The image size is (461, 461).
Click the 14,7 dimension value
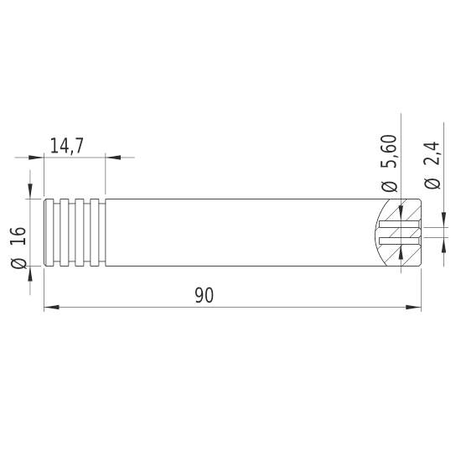pos(66,146)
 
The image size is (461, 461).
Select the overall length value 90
pos(204,296)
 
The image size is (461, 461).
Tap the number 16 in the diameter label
pos(23,235)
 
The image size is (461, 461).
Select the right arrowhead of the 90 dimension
pos(413,308)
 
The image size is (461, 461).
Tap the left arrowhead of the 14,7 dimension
pos(36,157)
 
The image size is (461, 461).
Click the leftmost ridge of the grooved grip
pos(49,233)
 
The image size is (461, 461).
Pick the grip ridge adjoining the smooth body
pos(101,233)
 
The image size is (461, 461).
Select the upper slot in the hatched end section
pos(398,225)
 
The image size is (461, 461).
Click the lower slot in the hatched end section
pos(398,241)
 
